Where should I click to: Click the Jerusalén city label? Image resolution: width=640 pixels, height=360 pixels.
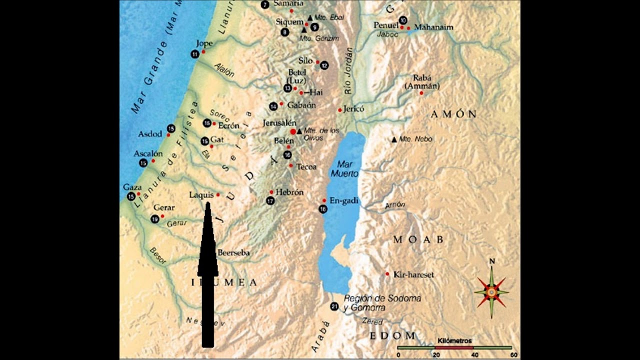(x=279, y=123)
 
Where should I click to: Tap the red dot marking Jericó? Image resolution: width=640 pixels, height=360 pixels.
(x=340, y=110)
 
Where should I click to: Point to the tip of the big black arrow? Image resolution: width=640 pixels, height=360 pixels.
(x=207, y=202)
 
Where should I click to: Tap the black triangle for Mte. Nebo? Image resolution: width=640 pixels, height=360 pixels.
(x=394, y=139)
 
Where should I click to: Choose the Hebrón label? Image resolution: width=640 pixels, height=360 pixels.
(x=289, y=192)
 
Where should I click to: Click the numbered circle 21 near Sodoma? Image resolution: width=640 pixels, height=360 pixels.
(x=334, y=306)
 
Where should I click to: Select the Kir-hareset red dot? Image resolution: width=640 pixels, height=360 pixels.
(x=387, y=274)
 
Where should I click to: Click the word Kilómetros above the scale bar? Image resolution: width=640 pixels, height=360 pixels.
(x=454, y=341)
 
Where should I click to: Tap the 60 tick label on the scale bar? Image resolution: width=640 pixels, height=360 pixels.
(x=513, y=354)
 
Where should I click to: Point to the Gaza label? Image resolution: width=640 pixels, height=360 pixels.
(x=132, y=187)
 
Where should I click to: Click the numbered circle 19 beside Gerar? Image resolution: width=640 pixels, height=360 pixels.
(x=155, y=219)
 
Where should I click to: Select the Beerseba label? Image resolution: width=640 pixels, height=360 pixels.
(x=233, y=253)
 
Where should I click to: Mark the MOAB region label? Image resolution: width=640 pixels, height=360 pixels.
(x=418, y=240)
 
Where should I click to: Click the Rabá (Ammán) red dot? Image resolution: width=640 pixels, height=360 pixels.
(x=421, y=93)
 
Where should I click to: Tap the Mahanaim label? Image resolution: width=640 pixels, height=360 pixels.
(x=433, y=27)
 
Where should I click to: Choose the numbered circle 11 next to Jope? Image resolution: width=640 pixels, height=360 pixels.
(x=195, y=54)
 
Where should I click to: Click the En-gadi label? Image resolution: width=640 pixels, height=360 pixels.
(x=344, y=200)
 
